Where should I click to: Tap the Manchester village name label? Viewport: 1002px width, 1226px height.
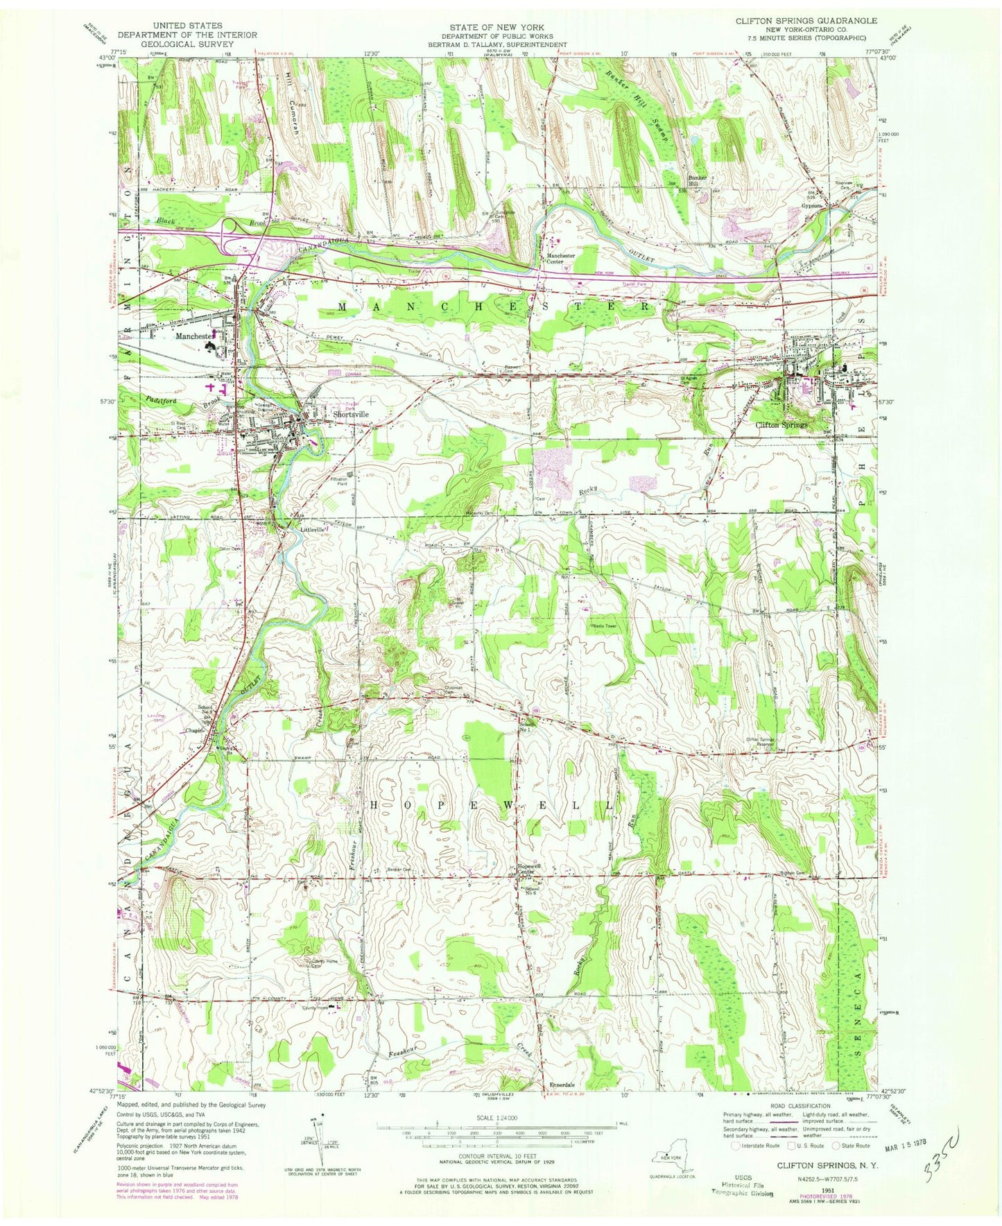(x=195, y=336)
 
